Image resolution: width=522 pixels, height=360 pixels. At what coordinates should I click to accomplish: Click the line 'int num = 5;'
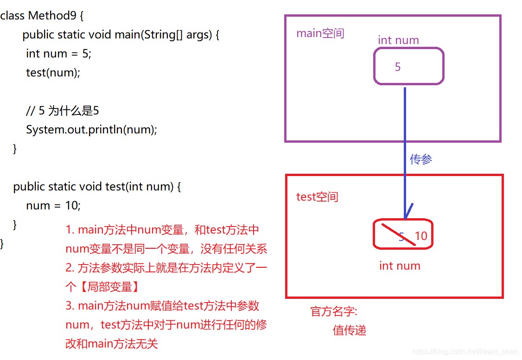[x=58, y=54]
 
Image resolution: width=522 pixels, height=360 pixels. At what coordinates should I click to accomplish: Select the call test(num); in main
[x=53, y=73]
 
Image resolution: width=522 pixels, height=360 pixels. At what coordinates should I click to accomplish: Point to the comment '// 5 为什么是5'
[x=62, y=111]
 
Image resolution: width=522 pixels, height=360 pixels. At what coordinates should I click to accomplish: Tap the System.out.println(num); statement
[x=91, y=130]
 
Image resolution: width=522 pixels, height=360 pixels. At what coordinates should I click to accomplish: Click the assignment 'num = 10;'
[x=53, y=206]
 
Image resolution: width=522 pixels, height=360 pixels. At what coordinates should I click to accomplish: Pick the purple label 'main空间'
[x=320, y=34]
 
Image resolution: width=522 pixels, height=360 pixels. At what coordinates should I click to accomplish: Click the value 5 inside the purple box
[x=397, y=67]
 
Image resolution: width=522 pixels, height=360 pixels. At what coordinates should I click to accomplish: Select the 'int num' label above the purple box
[x=398, y=40]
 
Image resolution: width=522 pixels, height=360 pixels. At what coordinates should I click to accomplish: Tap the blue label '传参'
[x=420, y=160]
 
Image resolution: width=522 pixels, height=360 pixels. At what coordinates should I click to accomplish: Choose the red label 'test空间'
[x=317, y=197]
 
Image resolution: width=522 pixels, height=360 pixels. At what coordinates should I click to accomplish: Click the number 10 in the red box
[x=420, y=236]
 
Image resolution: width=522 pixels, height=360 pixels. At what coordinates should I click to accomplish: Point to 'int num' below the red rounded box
[x=400, y=266]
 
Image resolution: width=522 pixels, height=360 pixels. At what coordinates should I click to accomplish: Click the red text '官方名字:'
[x=334, y=312]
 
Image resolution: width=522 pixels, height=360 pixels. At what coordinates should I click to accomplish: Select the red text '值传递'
[x=349, y=330]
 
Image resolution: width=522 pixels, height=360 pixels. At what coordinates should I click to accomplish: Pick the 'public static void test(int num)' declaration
[x=96, y=187]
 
